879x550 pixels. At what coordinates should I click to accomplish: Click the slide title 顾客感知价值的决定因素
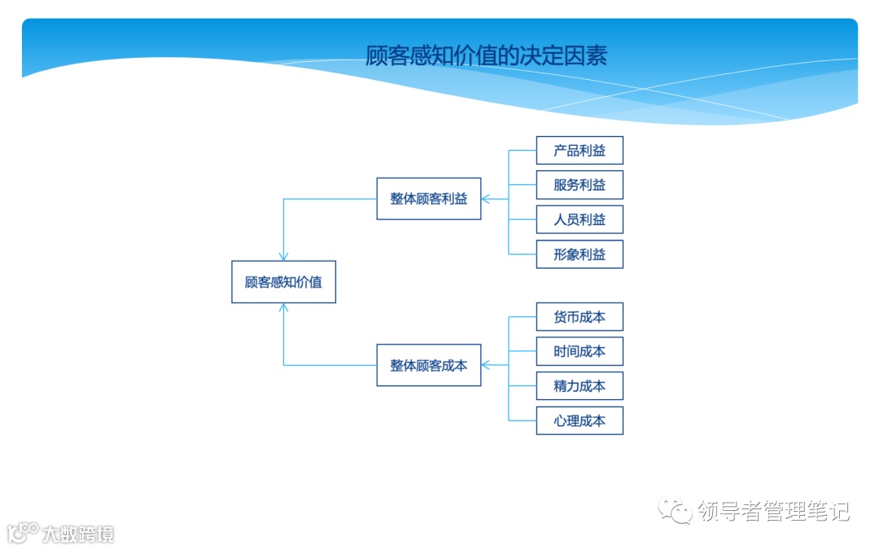(486, 55)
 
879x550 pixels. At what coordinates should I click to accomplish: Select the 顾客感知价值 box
(283, 282)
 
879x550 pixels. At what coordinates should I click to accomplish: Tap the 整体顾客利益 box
(428, 198)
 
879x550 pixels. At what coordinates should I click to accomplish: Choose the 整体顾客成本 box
(428, 365)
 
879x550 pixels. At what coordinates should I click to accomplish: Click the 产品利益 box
(579, 151)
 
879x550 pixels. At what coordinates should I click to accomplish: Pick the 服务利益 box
(579, 185)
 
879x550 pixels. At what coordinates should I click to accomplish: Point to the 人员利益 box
(579, 220)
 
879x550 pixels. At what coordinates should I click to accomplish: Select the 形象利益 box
(579, 254)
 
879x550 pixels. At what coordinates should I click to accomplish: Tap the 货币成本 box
(579, 317)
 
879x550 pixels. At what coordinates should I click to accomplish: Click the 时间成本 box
(579, 351)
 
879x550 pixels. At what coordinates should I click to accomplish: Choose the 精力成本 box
(579, 386)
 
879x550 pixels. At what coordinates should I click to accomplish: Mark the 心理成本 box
(579, 420)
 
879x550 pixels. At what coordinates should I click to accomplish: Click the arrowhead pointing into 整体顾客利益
(486, 198)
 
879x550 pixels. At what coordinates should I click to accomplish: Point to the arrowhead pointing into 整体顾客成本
(486, 365)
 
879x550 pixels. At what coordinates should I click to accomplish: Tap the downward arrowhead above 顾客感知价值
(283, 256)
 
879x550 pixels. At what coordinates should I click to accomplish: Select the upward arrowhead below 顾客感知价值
(283, 309)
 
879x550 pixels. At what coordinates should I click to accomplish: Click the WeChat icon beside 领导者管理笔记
(676, 511)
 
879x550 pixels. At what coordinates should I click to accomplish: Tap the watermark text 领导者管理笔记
(773, 511)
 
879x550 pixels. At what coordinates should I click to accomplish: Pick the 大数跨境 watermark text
(78, 534)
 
